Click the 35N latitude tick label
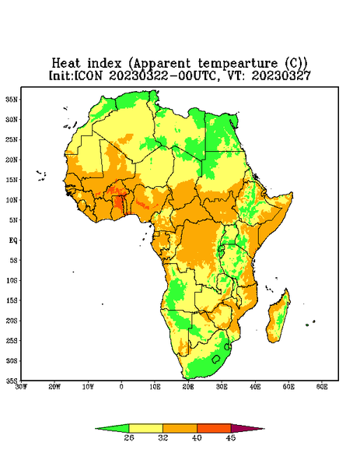point(12,100)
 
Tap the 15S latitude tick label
point(12,300)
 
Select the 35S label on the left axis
point(12,381)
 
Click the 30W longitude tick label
point(21,387)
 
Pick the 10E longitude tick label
point(155,387)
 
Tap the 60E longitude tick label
point(322,387)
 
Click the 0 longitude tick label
point(121,387)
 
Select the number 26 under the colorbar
point(129,437)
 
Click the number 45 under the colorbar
point(231,437)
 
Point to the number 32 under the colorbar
point(163,437)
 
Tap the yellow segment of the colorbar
point(145,428)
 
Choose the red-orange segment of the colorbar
point(214,428)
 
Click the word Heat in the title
point(66,64)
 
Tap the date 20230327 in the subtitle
point(281,75)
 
